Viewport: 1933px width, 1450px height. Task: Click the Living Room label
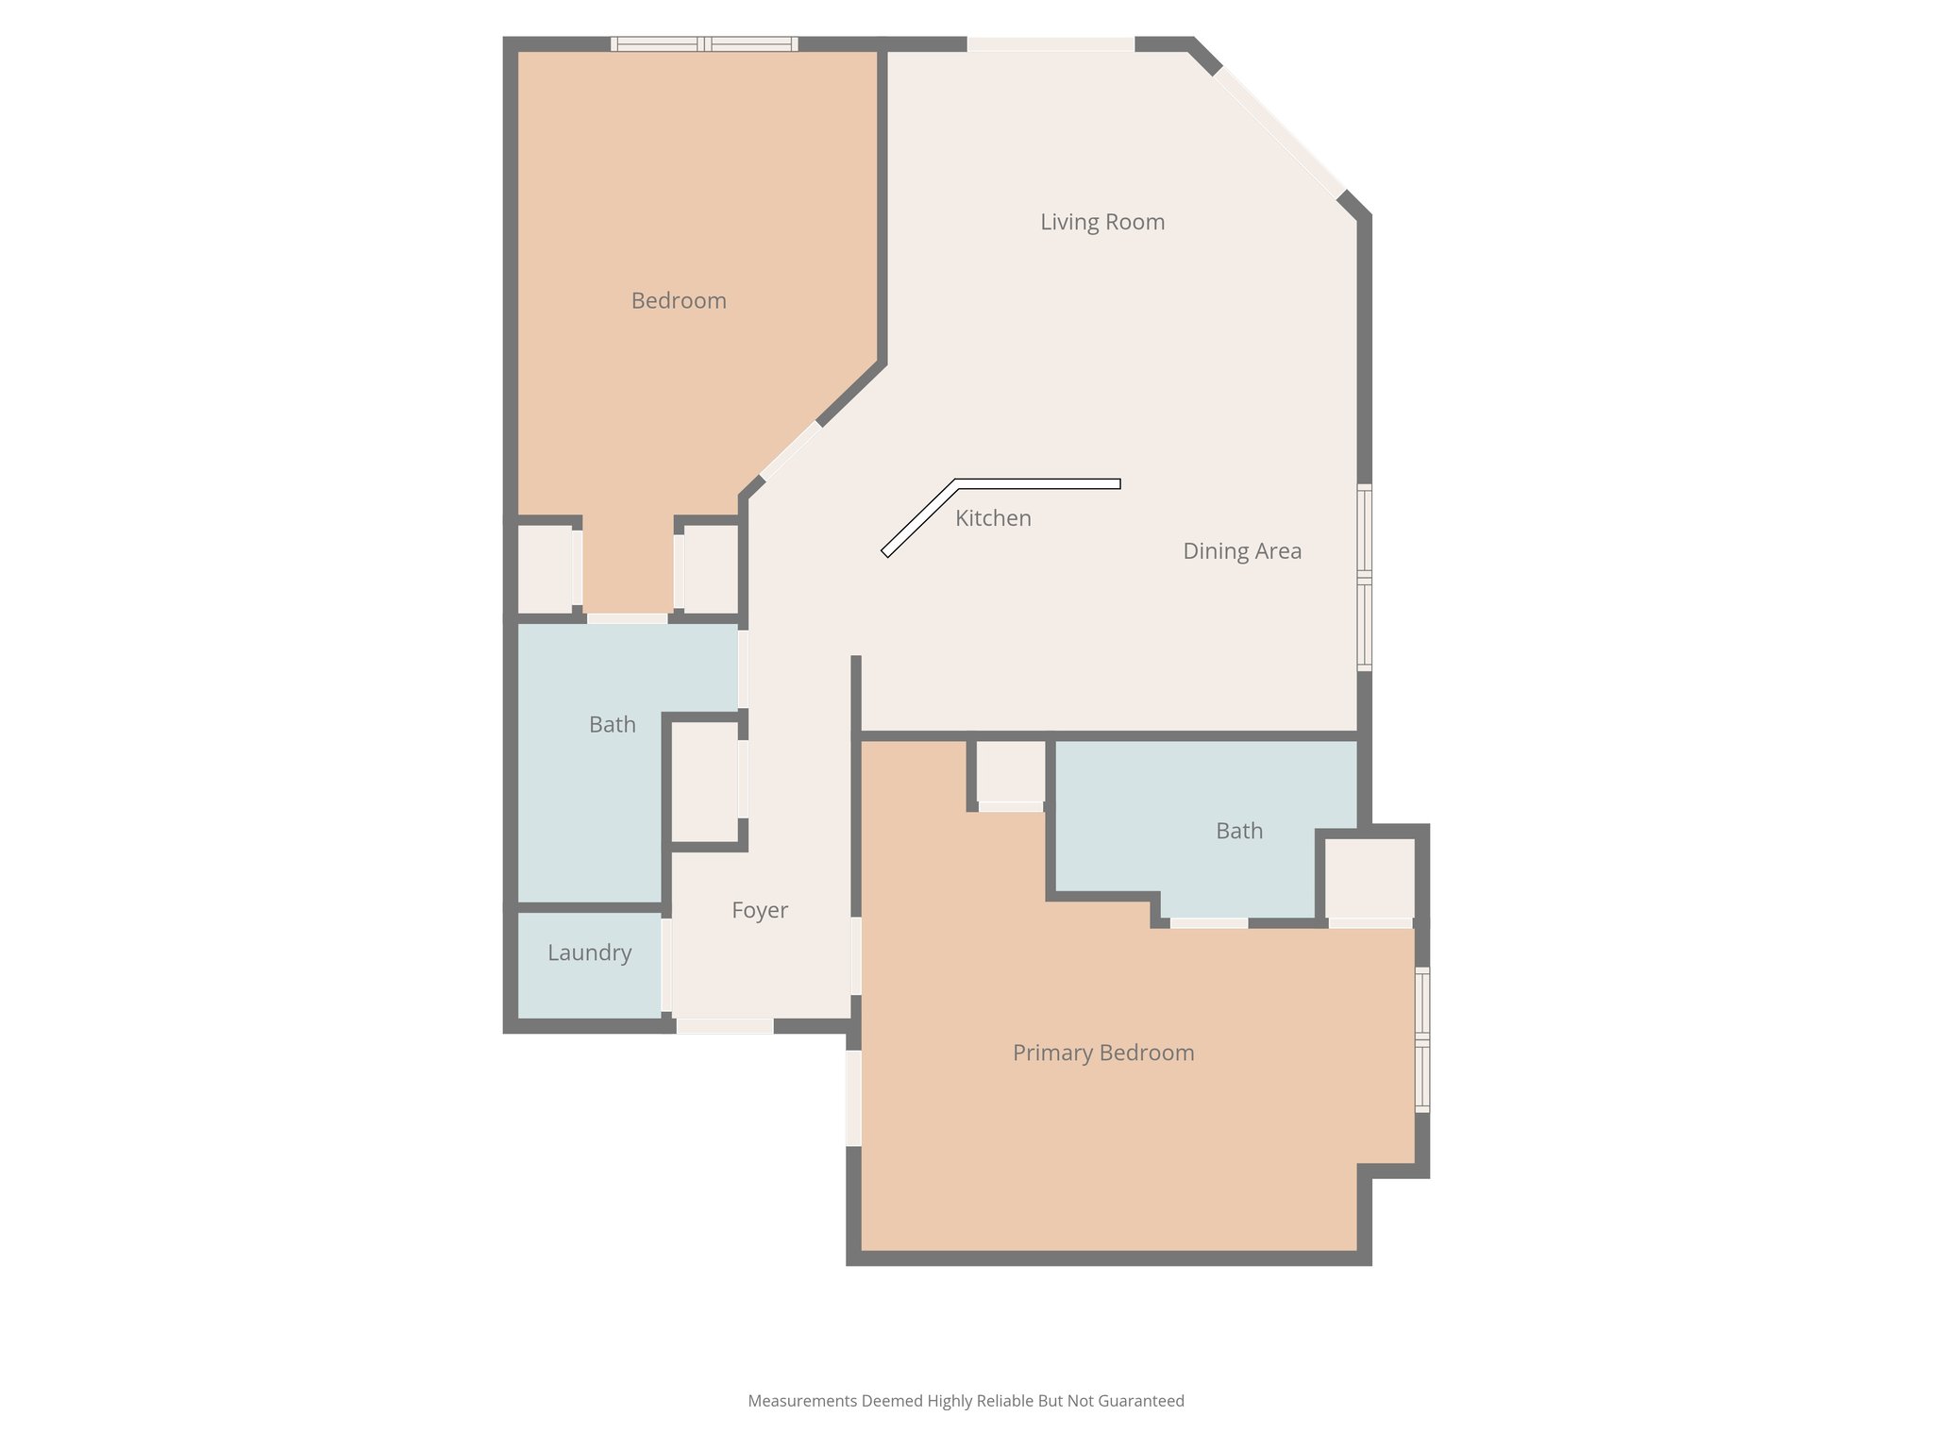point(1102,222)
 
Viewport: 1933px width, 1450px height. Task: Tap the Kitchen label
point(993,518)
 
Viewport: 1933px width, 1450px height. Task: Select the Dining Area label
point(1242,551)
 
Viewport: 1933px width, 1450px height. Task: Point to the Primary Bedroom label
point(1103,1053)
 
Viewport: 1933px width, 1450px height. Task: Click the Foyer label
point(760,910)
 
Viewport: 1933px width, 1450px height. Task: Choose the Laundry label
point(590,953)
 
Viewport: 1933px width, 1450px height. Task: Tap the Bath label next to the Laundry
point(613,725)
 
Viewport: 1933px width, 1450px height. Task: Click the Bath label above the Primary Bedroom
point(1239,831)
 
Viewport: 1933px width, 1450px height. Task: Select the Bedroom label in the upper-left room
point(679,301)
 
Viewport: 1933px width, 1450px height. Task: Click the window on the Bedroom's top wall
point(704,43)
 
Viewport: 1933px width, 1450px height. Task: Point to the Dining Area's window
point(1364,577)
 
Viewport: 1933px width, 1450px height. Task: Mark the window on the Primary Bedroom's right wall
point(1422,1039)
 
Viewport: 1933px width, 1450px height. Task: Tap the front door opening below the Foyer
point(725,1026)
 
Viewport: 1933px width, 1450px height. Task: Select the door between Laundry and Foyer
point(666,965)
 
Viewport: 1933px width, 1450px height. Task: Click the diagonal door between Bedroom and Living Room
point(791,450)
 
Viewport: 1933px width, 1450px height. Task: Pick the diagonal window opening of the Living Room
point(1279,131)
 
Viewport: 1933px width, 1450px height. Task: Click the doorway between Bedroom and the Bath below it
point(628,618)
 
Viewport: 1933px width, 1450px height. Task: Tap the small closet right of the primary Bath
point(1370,878)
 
